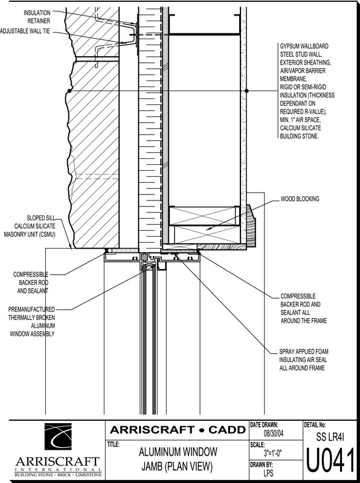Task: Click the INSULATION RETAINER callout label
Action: pyautogui.click(x=37, y=17)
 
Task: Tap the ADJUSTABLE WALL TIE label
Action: pyautogui.click(x=25, y=31)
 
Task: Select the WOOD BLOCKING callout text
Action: pyautogui.click(x=300, y=199)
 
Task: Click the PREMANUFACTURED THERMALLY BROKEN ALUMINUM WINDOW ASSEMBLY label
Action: pyautogui.click(x=32, y=322)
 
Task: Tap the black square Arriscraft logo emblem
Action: pyautogui.click(x=58, y=437)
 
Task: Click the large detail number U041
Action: pyautogui.click(x=330, y=460)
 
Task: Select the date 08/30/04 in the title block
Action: pyautogui.click(x=274, y=433)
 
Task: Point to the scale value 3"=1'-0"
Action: pyautogui.click(x=273, y=453)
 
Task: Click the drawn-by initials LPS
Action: pyautogui.click(x=268, y=473)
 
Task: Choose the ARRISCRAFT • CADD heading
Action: pyautogui.click(x=178, y=429)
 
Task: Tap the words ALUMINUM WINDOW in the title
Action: pyautogui.click(x=178, y=452)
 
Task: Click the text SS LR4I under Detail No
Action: pyautogui.click(x=330, y=437)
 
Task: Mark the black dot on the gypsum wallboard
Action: pyautogui.click(x=246, y=91)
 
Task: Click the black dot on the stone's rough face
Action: pyautogui.click(x=69, y=91)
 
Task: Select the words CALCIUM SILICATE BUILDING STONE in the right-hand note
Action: pyautogui.click(x=300, y=132)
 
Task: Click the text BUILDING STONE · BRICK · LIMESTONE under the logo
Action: pyautogui.click(x=58, y=475)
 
